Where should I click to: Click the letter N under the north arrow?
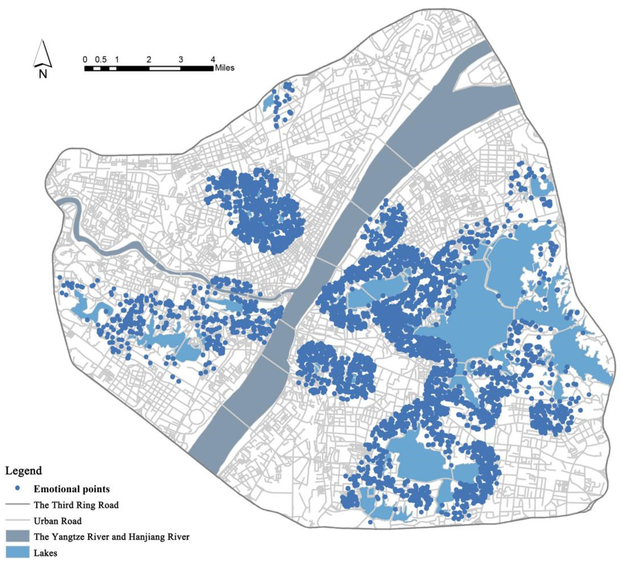click(43, 74)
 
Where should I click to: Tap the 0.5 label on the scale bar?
click(101, 60)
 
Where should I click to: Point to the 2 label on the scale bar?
click(149, 60)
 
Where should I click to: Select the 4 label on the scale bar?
click(213, 60)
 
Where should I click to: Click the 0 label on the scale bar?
click(85, 60)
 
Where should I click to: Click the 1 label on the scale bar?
click(117, 60)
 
